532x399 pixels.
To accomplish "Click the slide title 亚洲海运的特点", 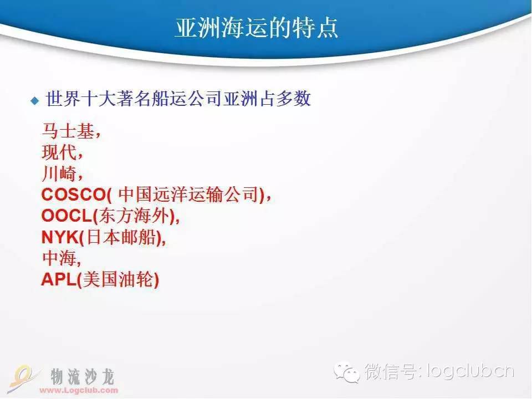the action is (x=257, y=28).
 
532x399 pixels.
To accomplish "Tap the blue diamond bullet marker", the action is (x=34, y=101).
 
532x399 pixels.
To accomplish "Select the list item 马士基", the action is (x=68, y=131).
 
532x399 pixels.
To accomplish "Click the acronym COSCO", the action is (x=74, y=195).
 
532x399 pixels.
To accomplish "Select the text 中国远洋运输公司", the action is (x=188, y=195).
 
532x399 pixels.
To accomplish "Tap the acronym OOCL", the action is (x=66, y=216).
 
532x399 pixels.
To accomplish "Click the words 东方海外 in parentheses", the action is (x=134, y=216).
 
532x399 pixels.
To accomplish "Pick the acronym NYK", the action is (x=60, y=238).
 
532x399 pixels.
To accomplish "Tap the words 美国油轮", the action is (x=117, y=279).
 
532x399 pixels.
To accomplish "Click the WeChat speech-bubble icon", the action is (x=347, y=371).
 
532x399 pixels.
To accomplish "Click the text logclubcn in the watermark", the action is (x=470, y=371).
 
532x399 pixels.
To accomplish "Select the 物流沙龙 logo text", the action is (x=83, y=377).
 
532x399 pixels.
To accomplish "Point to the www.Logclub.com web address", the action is (x=79, y=390).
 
